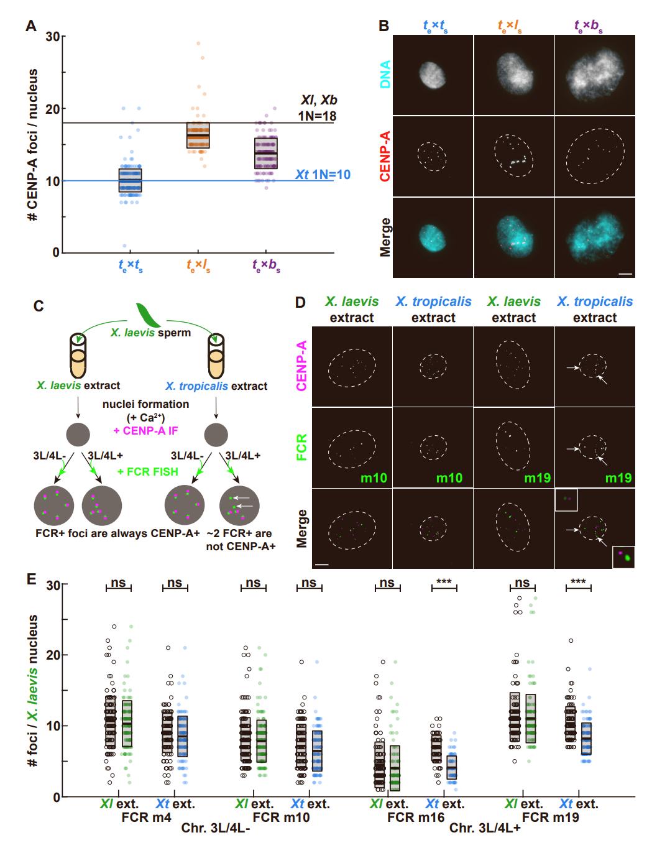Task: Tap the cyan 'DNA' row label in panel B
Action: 386,74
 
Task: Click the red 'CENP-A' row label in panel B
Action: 386,155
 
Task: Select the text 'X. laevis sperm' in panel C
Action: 151,333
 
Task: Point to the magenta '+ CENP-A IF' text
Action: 147,431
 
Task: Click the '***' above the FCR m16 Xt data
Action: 444,582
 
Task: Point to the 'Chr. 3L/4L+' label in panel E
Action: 484,828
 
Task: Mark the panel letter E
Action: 30,579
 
